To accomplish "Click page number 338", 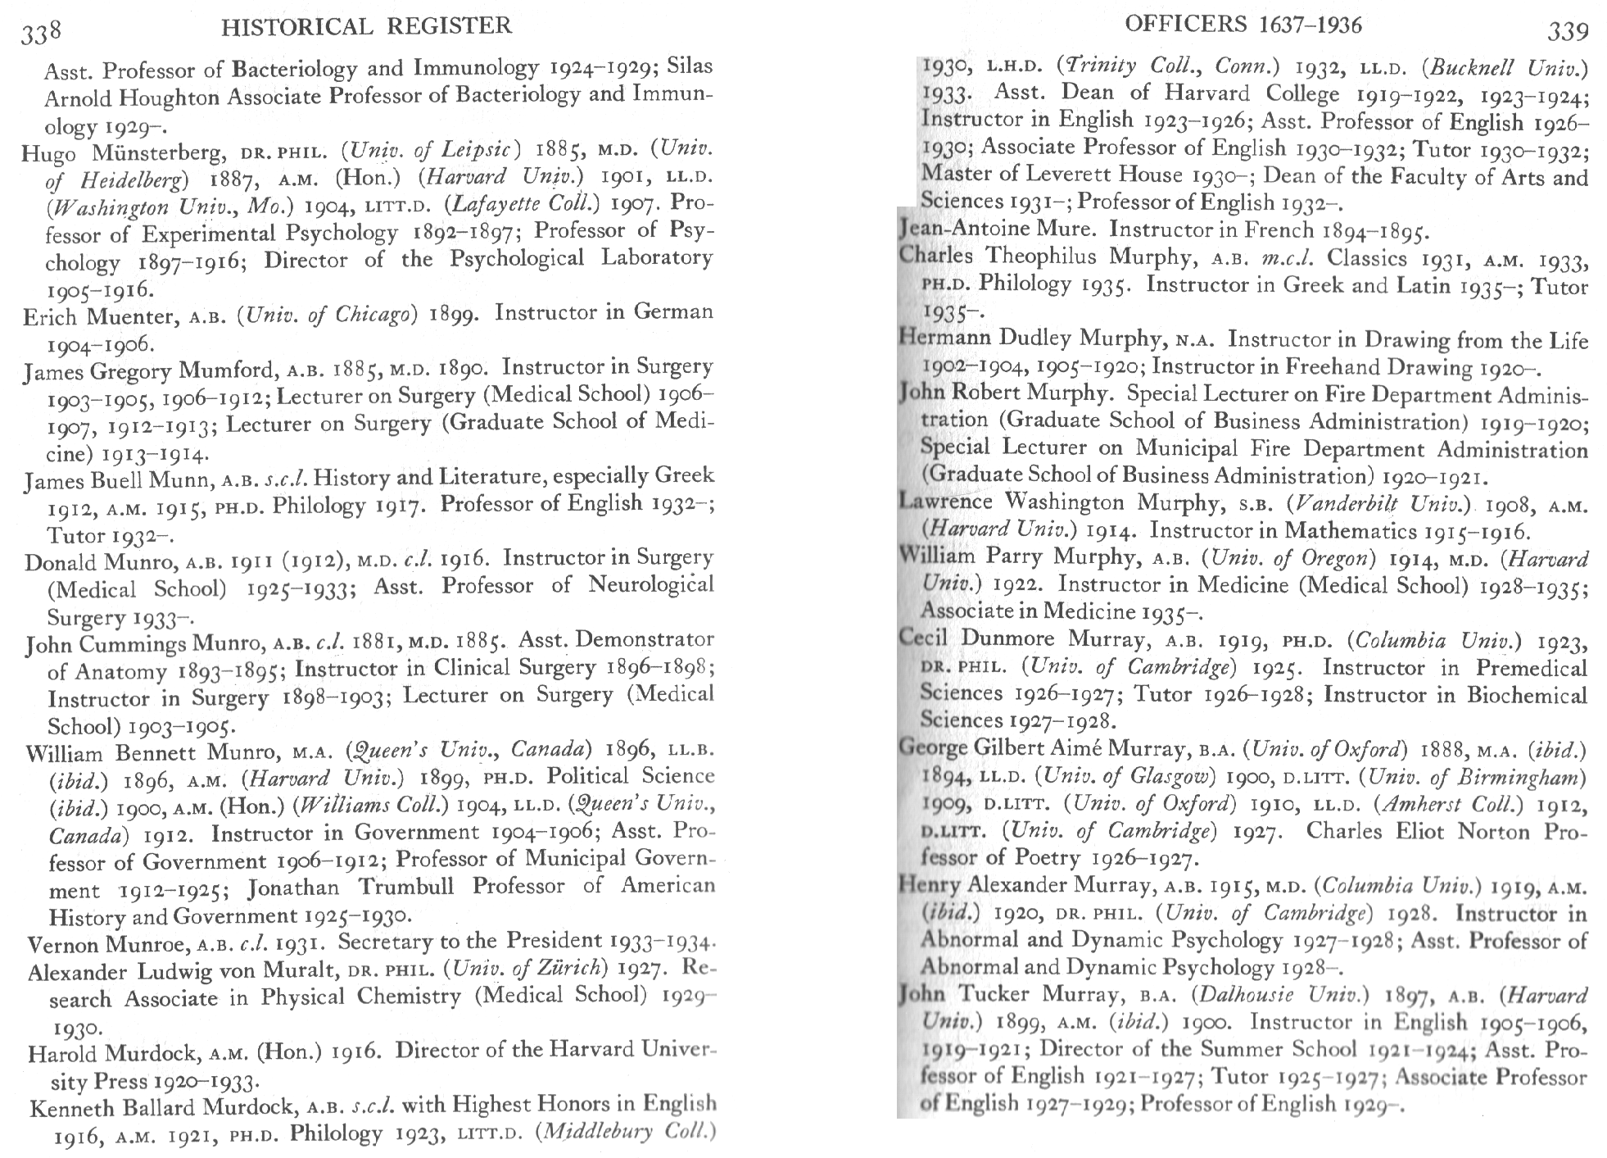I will coord(42,31).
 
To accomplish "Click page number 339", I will coord(1567,31).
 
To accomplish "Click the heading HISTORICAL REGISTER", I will coord(367,26).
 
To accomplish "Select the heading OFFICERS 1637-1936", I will coord(1243,25).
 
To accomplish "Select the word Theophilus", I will coord(1041,257).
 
